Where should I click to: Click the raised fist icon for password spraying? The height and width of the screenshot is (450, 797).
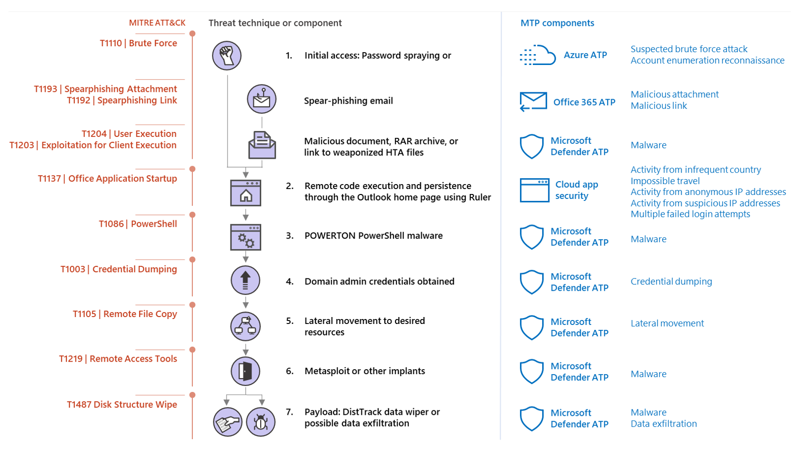pos(227,56)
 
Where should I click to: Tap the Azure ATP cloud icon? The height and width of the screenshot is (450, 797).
pos(538,55)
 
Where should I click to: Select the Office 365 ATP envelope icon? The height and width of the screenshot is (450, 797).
pos(533,102)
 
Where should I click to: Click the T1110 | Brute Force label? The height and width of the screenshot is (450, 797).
pos(138,43)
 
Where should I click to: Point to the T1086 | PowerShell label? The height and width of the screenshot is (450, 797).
pos(138,224)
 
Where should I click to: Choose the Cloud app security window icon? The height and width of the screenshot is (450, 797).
pos(534,190)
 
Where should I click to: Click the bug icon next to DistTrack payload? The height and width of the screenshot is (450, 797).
pos(261,422)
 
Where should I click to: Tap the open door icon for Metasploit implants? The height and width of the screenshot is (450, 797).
pos(245,371)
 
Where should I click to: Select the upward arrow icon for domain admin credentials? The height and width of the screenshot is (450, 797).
pos(245,280)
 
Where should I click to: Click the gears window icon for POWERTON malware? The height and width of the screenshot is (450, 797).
pos(245,237)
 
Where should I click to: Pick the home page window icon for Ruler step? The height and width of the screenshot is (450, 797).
pos(245,193)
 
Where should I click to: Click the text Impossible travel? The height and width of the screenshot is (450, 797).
pos(665,181)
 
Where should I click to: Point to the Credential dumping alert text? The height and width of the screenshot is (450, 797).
pos(671,281)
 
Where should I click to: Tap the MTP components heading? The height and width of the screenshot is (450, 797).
pos(557,23)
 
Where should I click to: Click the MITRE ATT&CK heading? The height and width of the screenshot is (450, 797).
pos(157,23)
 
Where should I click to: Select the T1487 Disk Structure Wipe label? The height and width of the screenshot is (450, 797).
pos(122,404)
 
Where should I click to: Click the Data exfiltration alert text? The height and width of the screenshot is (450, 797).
pos(664,424)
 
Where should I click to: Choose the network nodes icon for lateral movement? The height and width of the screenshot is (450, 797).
pos(245,326)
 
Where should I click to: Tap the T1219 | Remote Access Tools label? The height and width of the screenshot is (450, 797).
pos(118,359)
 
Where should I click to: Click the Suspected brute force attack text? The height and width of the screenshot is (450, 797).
pos(689,49)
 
